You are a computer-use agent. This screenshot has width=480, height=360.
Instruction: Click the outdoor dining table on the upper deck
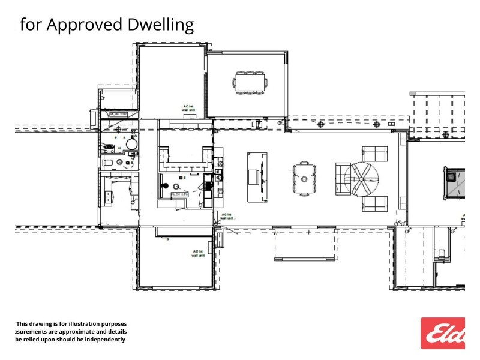tap(250, 82)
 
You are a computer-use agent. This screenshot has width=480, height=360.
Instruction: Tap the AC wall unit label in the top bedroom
tap(188, 108)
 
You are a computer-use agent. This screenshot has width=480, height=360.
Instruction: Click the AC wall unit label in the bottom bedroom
tap(198, 253)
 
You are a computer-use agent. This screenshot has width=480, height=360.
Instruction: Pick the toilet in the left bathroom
tap(109, 163)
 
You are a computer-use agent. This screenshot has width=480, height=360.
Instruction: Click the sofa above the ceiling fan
tap(375, 154)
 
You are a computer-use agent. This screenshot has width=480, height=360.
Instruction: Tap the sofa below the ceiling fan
tap(375, 204)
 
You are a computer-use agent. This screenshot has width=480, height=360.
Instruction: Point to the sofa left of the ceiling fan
tap(343, 179)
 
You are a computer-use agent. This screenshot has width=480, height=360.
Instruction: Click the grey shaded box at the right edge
tap(454, 182)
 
